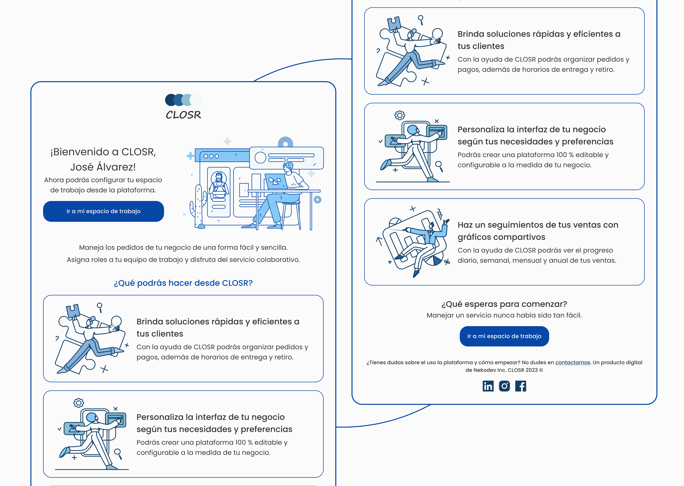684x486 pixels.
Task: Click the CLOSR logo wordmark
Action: (183, 115)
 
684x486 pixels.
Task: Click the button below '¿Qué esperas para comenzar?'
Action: (504, 336)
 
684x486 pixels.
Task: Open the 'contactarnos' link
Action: (573, 362)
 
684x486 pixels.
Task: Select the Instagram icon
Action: (504, 386)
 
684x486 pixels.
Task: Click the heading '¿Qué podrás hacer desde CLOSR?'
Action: (183, 283)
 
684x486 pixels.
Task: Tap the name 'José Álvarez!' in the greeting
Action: (103, 167)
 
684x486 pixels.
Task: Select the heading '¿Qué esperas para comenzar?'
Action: (504, 304)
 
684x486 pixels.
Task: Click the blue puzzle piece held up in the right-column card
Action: (394, 23)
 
